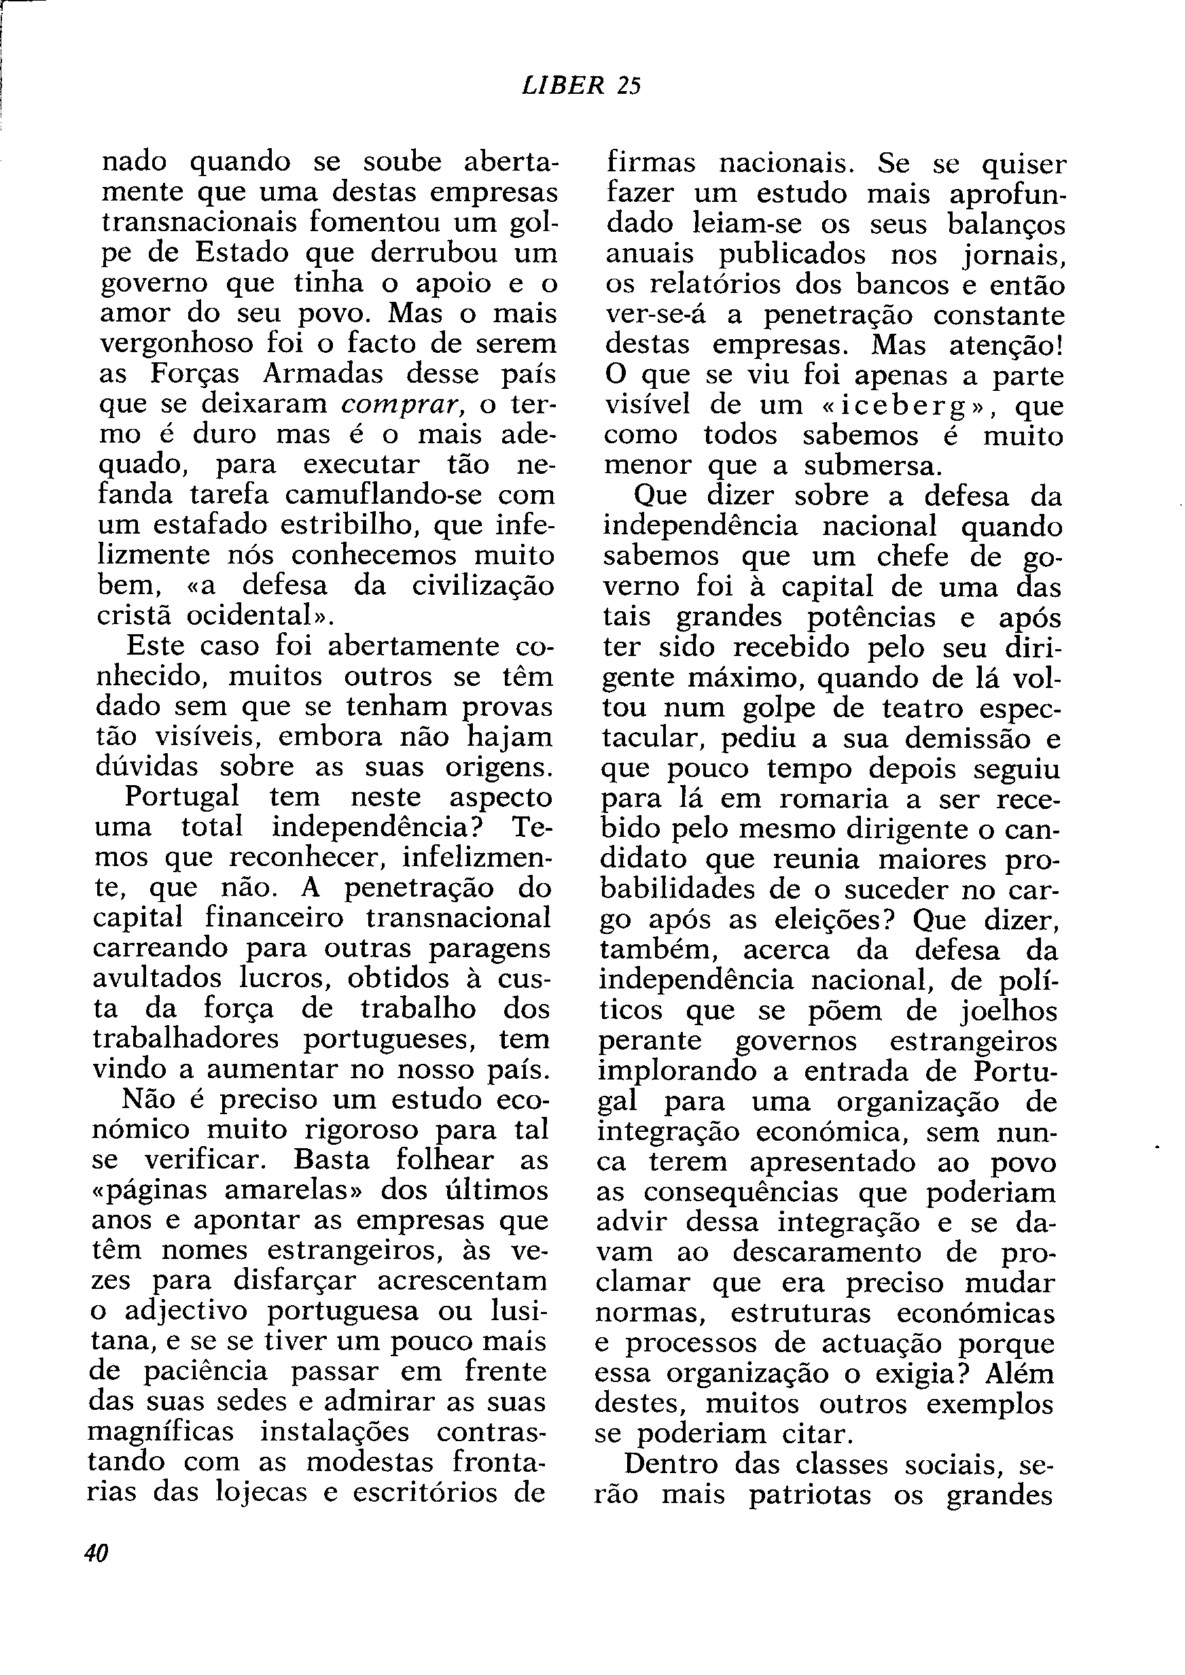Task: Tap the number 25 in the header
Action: pos(629,86)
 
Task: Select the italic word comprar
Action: pos(404,404)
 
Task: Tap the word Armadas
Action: pos(323,373)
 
